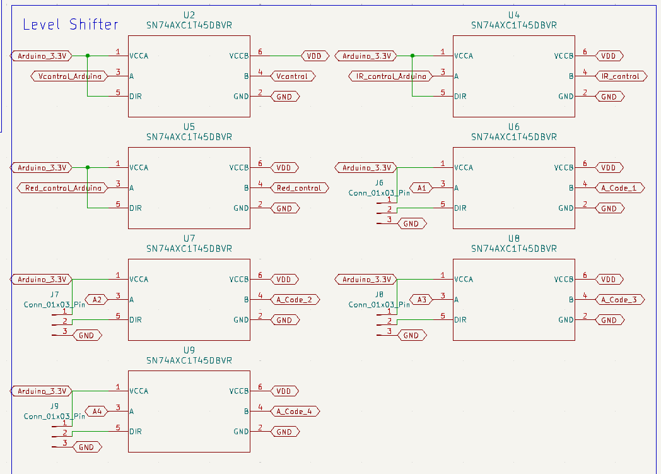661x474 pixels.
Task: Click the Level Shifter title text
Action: pyautogui.click(x=70, y=25)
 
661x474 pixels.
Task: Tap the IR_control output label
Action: pyautogui.click(x=620, y=76)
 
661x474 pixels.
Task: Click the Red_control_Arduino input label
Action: pyautogui.click(x=62, y=188)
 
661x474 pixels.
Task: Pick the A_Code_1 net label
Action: pyautogui.click(x=622, y=188)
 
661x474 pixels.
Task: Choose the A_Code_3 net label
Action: pyautogui.click(x=622, y=300)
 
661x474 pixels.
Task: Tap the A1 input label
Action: pyautogui.click(x=422, y=188)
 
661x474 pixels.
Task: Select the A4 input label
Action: pyautogui.click(x=97, y=412)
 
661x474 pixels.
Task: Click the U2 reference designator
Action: pyautogui.click(x=189, y=15)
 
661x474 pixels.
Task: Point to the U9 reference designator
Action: pyautogui.click(x=189, y=350)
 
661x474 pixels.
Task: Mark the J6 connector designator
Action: pyautogui.click(x=378, y=182)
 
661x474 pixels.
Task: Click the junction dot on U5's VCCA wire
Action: pyautogui.click(x=88, y=168)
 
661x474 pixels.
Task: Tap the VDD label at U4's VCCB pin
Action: pyautogui.click(x=608, y=56)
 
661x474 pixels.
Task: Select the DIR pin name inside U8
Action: pyautogui.click(x=460, y=320)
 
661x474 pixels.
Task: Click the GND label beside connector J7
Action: pyautogui.click(x=86, y=335)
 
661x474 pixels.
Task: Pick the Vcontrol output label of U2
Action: pyautogui.click(x=293, y=76)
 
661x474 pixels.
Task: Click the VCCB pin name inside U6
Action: pyautogui.click(x=564, y=168)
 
